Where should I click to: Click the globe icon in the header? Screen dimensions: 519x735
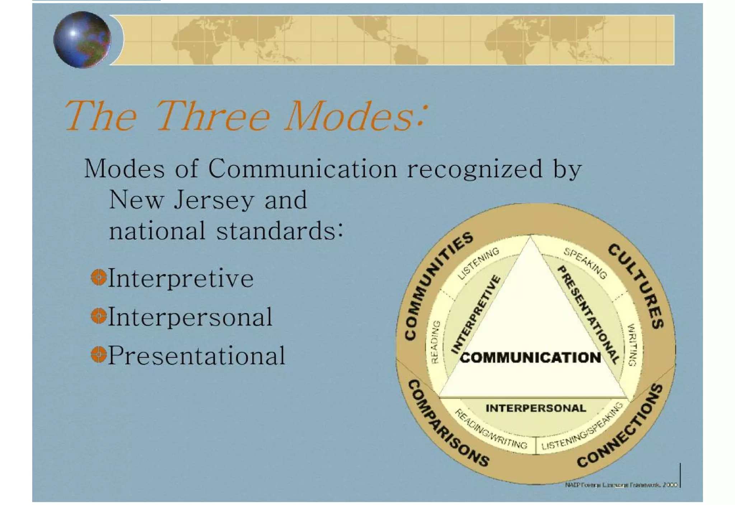(x=82, y=39)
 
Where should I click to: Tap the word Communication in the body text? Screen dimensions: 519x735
(x=302, y=169)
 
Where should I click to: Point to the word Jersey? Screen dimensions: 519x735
(x=214, y=200)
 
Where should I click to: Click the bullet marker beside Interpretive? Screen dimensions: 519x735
(x=98, y=277)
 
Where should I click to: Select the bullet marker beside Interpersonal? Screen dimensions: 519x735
(x=98, y=316)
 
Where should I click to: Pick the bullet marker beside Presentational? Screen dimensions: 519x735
(x=98, y=355)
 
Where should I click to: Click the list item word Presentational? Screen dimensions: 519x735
(x=197, y=355)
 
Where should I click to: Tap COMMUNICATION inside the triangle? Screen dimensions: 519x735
(x=530, y=357)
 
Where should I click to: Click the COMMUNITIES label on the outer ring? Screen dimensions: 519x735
(x=437, y=285)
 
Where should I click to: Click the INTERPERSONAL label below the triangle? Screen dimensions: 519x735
(x=535, y=408)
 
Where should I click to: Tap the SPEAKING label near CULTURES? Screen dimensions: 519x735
(x=585, y=263)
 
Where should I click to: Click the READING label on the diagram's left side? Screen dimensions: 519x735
(x=435, y=342)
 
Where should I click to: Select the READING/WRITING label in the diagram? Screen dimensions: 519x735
(x=491, y=429)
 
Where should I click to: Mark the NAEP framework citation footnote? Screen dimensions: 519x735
(x=621, y=485)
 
